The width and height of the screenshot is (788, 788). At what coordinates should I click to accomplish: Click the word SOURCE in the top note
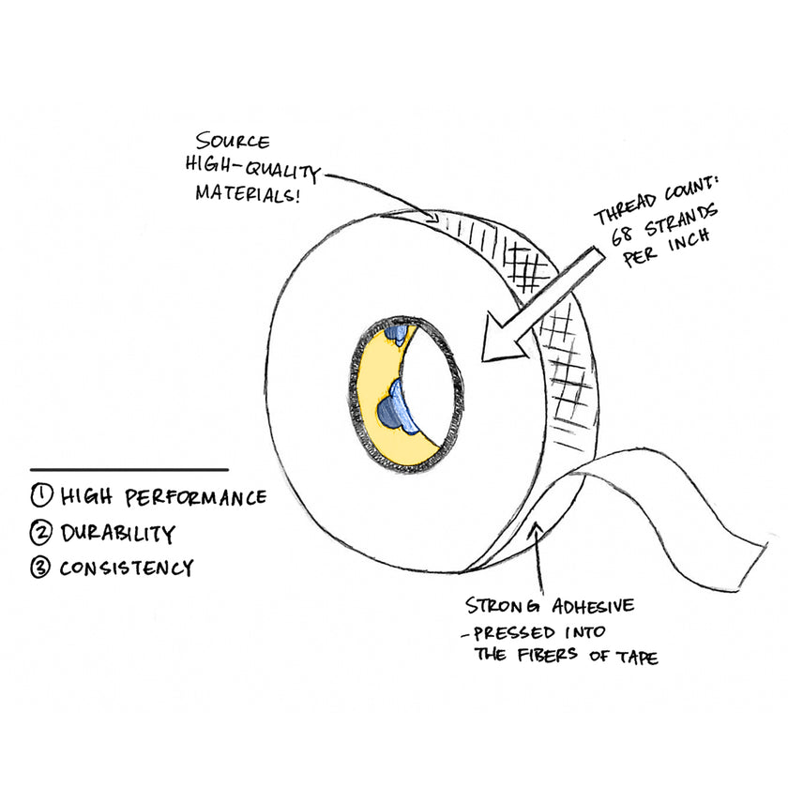pos(233,144)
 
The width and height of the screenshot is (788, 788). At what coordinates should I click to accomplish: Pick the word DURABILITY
pos(118,533)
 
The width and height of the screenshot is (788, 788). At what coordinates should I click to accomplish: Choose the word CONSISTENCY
pos(127,568)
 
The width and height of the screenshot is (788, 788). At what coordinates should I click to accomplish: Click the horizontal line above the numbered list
pos(129,469)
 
